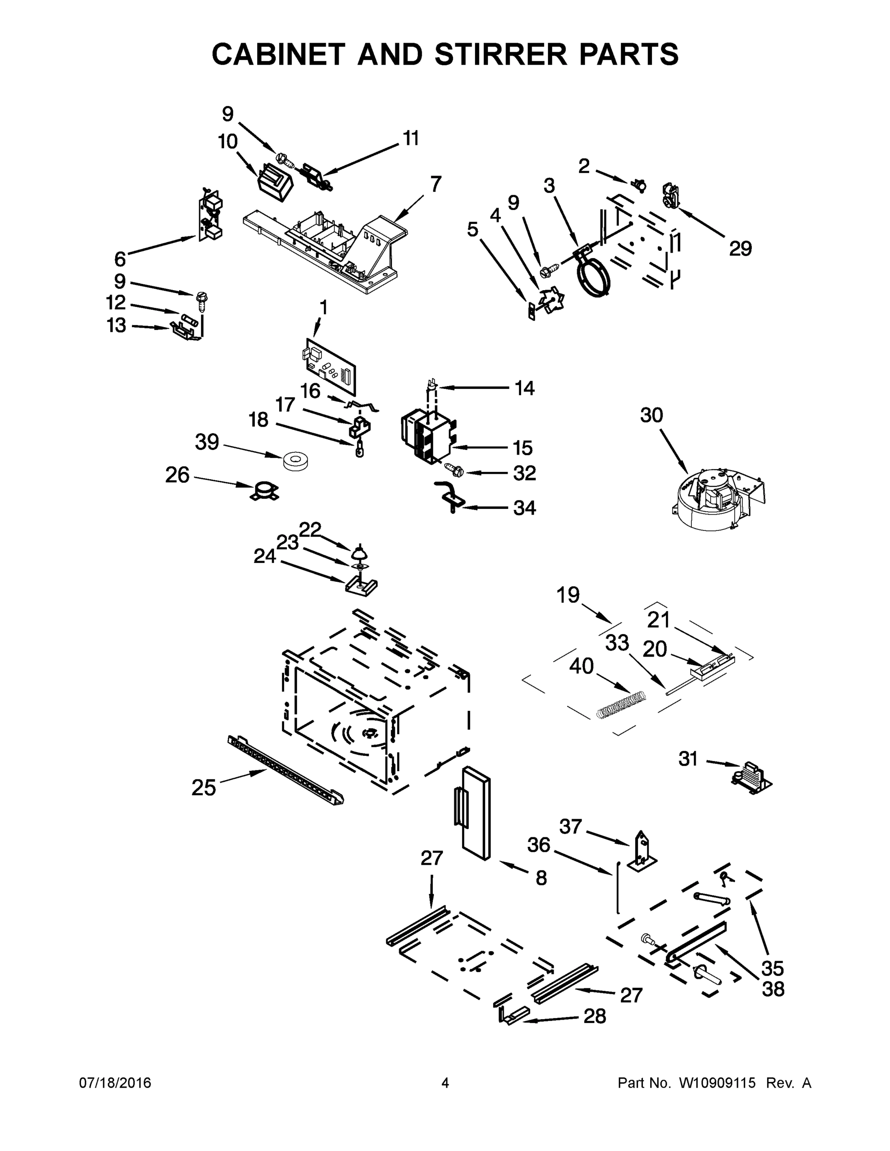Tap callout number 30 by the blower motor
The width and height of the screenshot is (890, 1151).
[651, 415]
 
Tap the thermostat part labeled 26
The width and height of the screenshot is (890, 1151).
[265, 491]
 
